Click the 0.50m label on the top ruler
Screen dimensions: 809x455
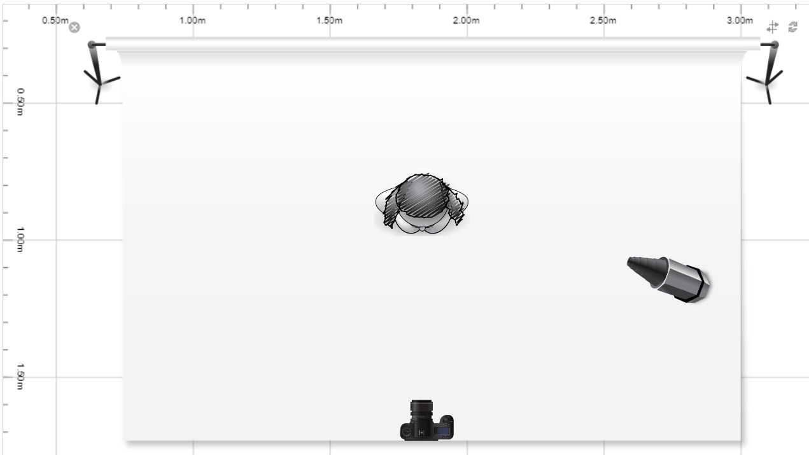[x=55, y=20]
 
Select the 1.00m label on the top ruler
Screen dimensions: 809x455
[x=192, y=20]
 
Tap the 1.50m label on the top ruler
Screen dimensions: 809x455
[x=329, y=20]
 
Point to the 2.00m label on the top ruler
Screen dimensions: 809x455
[x=467, y=20]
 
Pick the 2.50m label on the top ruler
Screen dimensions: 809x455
[x=603, y=20]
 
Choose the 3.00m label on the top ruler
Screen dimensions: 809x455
[x=740, y=20]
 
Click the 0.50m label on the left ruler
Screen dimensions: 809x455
[x=20, y=102]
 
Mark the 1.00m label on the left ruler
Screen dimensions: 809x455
[x=20, y=239]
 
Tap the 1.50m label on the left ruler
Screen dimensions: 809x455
[x=20, y=377]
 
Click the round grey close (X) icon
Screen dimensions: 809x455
[x=74, y=27]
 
